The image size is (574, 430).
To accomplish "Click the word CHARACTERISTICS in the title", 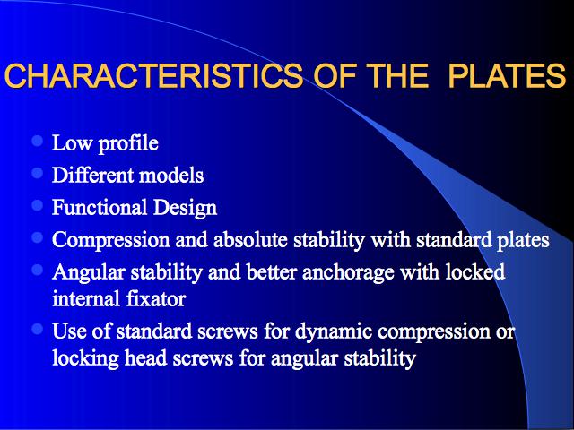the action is pyautogui.click(x=153, y=75).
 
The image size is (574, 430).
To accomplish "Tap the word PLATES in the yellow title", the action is pyautogui.click(x=508, y=75).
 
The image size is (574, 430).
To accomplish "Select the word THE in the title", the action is pyautogui.click(x=398, y=75).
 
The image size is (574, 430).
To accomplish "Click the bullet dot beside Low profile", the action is pyautogui.click(x=38, y=141).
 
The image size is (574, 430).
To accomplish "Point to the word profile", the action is pyautogui.click(x=128, y=144).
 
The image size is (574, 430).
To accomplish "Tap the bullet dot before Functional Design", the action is pyautogui.click(x=38, y=205).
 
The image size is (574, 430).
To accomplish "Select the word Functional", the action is pyautogui.click(x=100, y=207).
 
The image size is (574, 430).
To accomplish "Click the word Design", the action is pyautogui.click(x=186, y=208).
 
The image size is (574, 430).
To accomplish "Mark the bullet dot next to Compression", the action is pyautogui.click(x=38, y=237).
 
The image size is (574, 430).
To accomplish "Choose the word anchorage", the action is pyautogui.click(x=348, y=273).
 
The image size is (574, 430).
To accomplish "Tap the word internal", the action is pyautogui.click(x=86, y=298).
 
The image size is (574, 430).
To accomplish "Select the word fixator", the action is pyautogui.click(x=156, y=298).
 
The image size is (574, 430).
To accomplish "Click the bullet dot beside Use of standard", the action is pyautogui.click(x=38, y=329).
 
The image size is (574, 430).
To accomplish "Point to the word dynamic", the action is pyautogui.click(x=334, y=332).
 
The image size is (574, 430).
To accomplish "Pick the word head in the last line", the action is pyautogui.click(x=146, y=357).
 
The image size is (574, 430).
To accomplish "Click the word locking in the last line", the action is pyautogui.click(x=86, y=358).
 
